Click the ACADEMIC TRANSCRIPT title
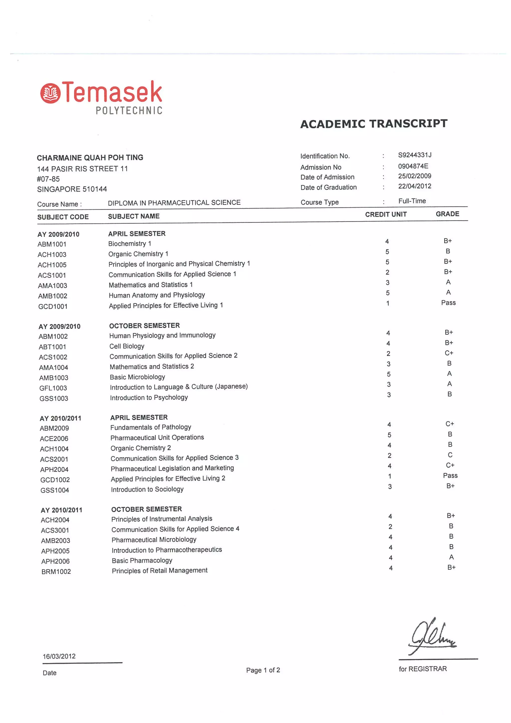click(374, 124)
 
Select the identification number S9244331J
click(415, 155)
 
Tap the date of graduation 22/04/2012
click(415, 186)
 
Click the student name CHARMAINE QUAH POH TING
click(90, 157)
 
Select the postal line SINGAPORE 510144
click(72, 189)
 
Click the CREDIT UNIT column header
click(386, 214)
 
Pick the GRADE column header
click(447, 214)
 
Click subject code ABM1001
click(52, 244)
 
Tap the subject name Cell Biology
click(127, 346)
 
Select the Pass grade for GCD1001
click(448, 303)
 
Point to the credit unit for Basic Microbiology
click(389, 374)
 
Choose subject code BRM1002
click(56, 572)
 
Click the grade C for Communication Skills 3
click(450, 455)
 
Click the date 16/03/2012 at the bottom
click(59, 656)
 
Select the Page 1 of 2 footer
click(263, 670)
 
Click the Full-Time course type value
click(412, 201)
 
